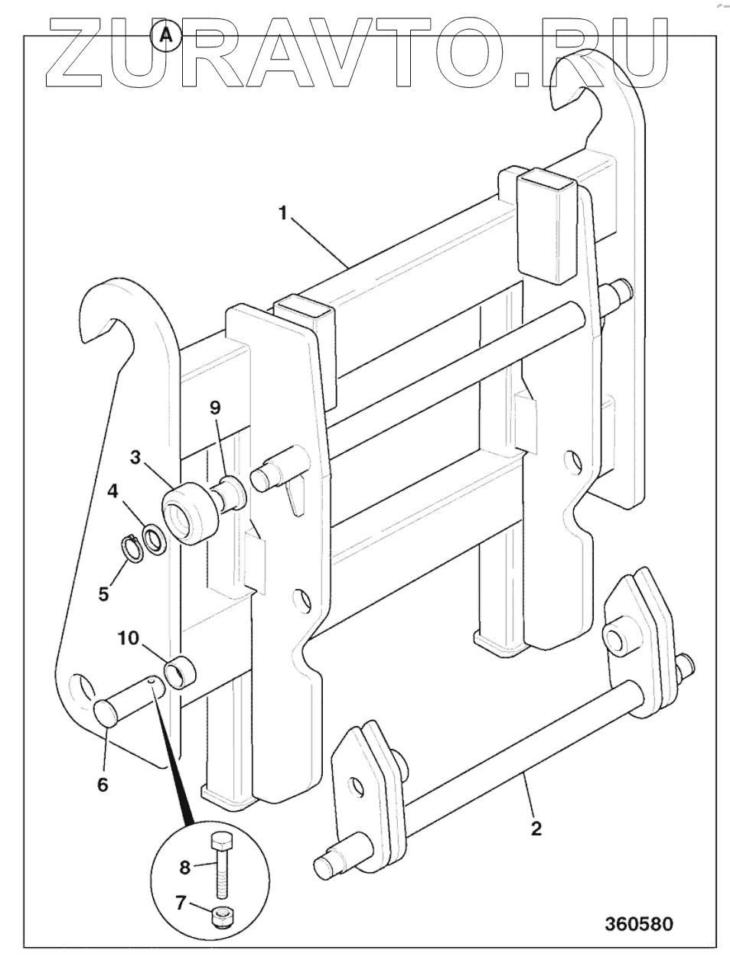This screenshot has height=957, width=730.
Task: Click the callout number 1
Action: [x=282, y=213]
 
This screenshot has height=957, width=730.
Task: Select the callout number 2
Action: [x=536, y=828]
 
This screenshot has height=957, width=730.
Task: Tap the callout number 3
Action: [x=135, y=457]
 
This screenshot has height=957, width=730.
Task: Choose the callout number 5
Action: [x=103, y=593]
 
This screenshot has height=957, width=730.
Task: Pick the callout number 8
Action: [x=184, y=867]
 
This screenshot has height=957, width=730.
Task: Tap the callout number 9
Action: [x=215, y=407]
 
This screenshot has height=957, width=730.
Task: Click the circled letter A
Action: [x=165, y=34]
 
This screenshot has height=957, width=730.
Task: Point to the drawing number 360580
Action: [x=639, y=923]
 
